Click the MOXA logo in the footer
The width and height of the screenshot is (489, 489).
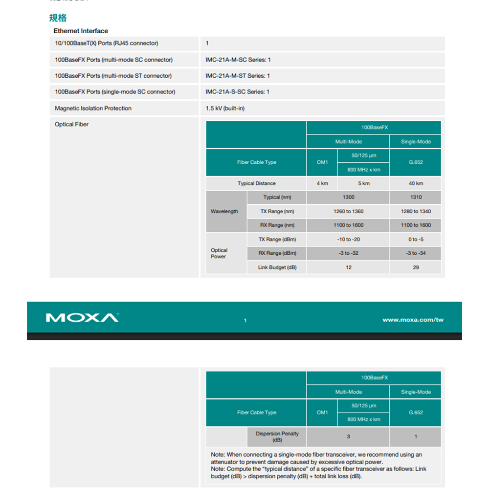coord(82,318)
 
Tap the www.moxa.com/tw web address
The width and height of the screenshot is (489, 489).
coord(413,320)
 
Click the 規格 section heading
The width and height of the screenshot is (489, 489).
coord(58,18)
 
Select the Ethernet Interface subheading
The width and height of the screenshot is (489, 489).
coord(81,31)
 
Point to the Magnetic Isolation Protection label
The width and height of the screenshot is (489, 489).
coord(93,108)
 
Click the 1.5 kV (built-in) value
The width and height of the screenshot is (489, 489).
coord(225,108)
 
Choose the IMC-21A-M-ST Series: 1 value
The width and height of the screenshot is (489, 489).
coord(238,76)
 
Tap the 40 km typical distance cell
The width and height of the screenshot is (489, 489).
coord(416,183)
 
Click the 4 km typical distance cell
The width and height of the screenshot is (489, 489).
coord(322,183)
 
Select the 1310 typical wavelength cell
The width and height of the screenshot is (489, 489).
coord(416,197)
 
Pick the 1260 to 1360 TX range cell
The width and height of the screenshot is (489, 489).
coord(349,211)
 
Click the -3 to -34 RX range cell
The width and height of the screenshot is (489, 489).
coord(416,253)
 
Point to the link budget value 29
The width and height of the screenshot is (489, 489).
coord(416,267)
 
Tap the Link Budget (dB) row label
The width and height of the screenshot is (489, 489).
coord(277,267)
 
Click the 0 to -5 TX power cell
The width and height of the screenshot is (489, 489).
coord(416,239)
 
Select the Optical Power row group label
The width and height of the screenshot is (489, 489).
coord(219,253)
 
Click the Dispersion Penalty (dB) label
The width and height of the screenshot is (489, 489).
coord(277,437)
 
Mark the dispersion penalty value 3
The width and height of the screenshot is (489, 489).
coord(349,437)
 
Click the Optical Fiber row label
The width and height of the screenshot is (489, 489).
coord(72,124)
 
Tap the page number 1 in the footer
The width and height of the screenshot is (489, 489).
coord(245,320)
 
